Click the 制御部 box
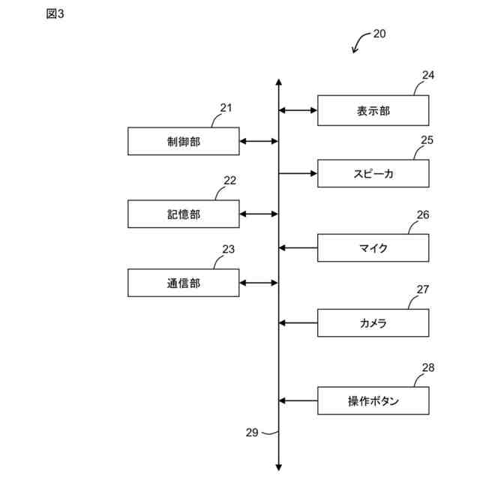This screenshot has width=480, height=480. (x=184, y=141)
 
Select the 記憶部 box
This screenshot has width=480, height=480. (x=184, y=214)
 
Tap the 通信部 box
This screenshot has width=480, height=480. (x=184, y=283)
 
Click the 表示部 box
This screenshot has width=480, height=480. (x=373, y=110)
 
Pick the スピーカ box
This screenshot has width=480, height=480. (x=373, y=173)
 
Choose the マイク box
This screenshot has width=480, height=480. (x=373, y=247)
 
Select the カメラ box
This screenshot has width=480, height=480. (x=373, y=322)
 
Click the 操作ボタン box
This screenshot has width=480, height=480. (x=373, y=400)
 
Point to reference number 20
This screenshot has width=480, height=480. (x=379, y=34)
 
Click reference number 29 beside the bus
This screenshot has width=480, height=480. (x=252, y=432)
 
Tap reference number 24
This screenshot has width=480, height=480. (x=427, y=75)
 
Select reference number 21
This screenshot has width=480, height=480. (x=226, y=107)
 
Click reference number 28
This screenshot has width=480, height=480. (x=427, y=367)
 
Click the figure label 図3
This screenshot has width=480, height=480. (x=55, y=14)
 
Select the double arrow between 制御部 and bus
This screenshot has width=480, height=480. (x=259, y=141)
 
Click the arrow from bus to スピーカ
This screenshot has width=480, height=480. (x=298, y=173)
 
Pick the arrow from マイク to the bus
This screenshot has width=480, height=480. (x=298, y=247)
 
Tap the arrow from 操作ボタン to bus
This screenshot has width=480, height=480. (x=298, y=400)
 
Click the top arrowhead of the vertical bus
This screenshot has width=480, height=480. (x=278, y=82)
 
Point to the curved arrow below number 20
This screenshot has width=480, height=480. (x=360, y=43)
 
